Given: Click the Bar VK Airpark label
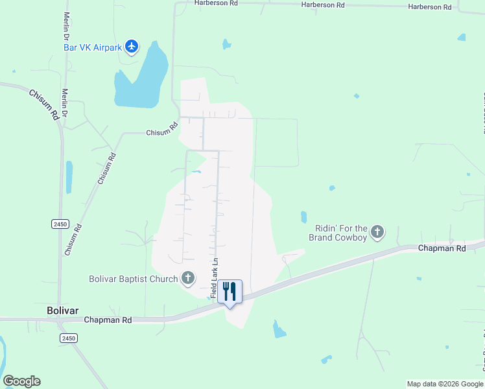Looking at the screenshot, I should pyautogui.click(x=93, y=47).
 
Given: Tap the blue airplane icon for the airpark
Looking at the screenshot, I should pyautogui.click(x=132, y=46).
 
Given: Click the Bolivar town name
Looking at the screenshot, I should pyautogui.click(x=63, y=311).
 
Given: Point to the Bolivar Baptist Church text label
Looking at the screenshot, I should pyautogui.click(x=133, y=279).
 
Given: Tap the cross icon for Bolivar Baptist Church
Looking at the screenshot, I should pyautogui.click(x=188, y=279).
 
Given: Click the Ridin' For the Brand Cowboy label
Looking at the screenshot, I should pyautogui.click(x=341, y=233).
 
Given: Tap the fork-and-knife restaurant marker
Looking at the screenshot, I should pyautogui.click(x=229, y=290).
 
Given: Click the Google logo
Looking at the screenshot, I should pyautogui.click(x=21, y=381).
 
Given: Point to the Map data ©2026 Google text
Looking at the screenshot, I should pyautogui.click(x=445, y=384).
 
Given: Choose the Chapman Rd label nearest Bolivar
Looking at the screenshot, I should pyautogui.click(x=108, y=320).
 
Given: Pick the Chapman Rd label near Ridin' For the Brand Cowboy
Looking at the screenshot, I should pyautogui.click(x=442, y=248).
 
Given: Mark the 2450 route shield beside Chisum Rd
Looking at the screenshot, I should pyautogui.click(x=60, y=224).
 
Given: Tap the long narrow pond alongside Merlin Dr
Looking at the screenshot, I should pyautogui.click(x=69, y=177).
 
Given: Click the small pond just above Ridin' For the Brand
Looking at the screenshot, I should pyautogui.click(x=303, y=217).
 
